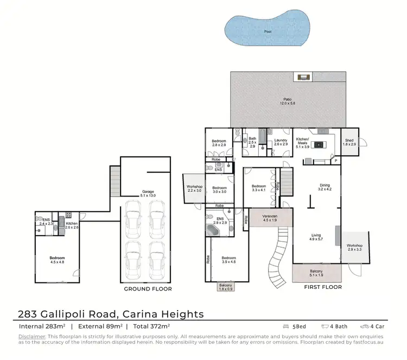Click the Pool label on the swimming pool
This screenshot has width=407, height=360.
point(267,31)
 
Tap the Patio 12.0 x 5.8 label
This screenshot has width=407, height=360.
point(288,102)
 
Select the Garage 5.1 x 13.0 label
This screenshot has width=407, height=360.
point(148,194)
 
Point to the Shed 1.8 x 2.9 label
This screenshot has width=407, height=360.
point(349,142)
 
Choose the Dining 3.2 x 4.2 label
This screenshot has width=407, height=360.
point(324,188)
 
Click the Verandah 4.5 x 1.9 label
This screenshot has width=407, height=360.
point(270,218)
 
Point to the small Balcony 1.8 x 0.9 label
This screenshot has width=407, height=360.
point(225,287)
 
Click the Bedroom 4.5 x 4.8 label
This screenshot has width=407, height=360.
point(57,260)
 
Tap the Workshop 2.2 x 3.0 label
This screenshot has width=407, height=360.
point(194,189)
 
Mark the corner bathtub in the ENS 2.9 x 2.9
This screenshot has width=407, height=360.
point(213,230)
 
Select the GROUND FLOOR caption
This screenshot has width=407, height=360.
point(148,289)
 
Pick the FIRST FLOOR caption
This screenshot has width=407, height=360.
point(323,287)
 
